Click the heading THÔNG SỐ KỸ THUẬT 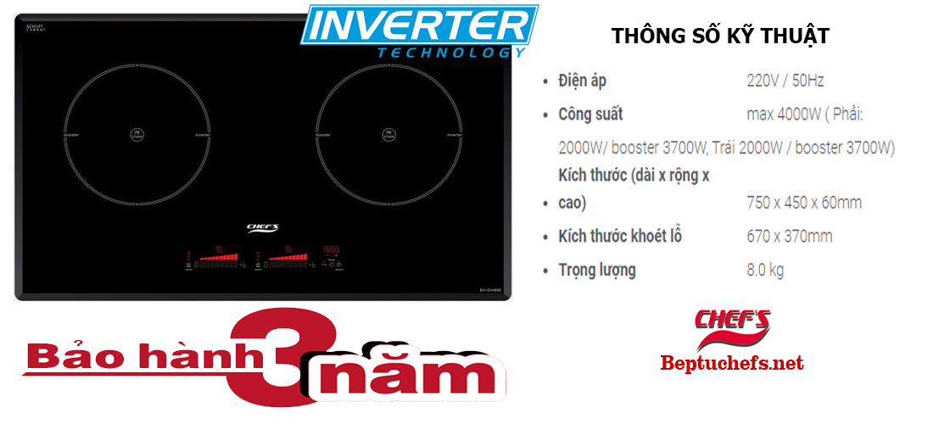[719, 36]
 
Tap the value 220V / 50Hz [785, 81]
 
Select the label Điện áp [582, 81]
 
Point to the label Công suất [590, 114]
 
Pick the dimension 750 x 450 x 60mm [804, 204]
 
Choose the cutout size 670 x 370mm [789, 236]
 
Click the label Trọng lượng [596, 271]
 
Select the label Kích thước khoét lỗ [620, 236]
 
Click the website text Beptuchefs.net [731, 364]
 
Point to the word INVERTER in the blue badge [421, 25]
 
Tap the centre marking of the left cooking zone [137, 134]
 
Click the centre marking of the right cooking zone [388, 134]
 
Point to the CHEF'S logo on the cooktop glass [262, 226]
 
